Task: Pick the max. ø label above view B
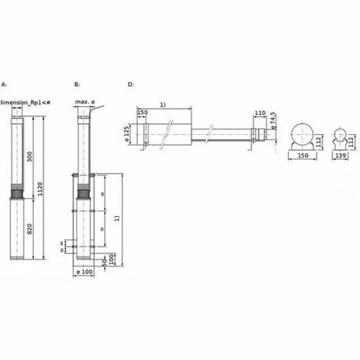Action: pos(84,102)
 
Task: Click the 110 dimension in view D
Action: pos(258,113)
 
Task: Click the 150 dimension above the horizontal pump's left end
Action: pos(142,113)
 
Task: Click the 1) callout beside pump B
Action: pos(117,218)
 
